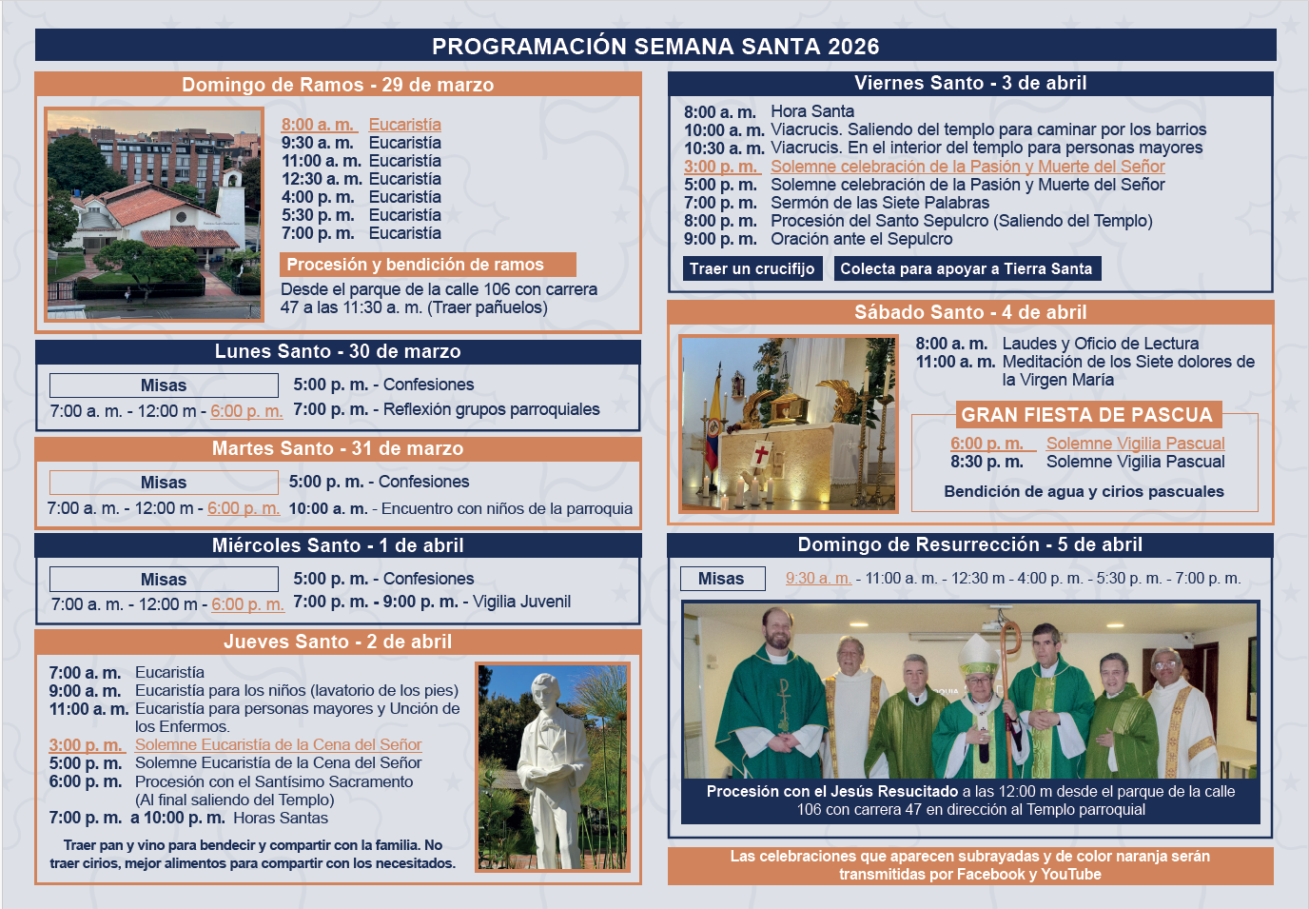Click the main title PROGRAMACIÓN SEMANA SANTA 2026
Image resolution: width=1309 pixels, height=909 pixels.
coord(655,46)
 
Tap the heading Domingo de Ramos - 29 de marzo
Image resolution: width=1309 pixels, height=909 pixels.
coord(338,85)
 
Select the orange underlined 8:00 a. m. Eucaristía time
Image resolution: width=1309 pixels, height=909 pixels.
coord(318,125)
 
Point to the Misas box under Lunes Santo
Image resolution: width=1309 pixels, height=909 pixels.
coord(164,385)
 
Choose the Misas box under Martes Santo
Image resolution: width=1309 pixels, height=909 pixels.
coord(164,483)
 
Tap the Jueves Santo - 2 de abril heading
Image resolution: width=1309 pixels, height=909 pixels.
coord(338,642)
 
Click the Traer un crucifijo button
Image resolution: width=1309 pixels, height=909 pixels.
coord(752,268)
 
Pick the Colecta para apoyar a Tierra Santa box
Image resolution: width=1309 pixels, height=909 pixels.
coord(967,268)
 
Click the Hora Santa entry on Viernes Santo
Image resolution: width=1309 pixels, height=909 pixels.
coord(812,111)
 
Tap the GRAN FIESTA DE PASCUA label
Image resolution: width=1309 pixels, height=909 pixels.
coord(1086,415)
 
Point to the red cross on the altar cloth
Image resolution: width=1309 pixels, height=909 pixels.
coord(762,455)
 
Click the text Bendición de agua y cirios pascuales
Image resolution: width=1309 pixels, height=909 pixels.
coord(1084,491)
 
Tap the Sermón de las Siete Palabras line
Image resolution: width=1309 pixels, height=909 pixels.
coord(879,203)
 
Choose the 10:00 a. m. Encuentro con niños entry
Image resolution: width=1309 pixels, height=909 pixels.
coord(460,508)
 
